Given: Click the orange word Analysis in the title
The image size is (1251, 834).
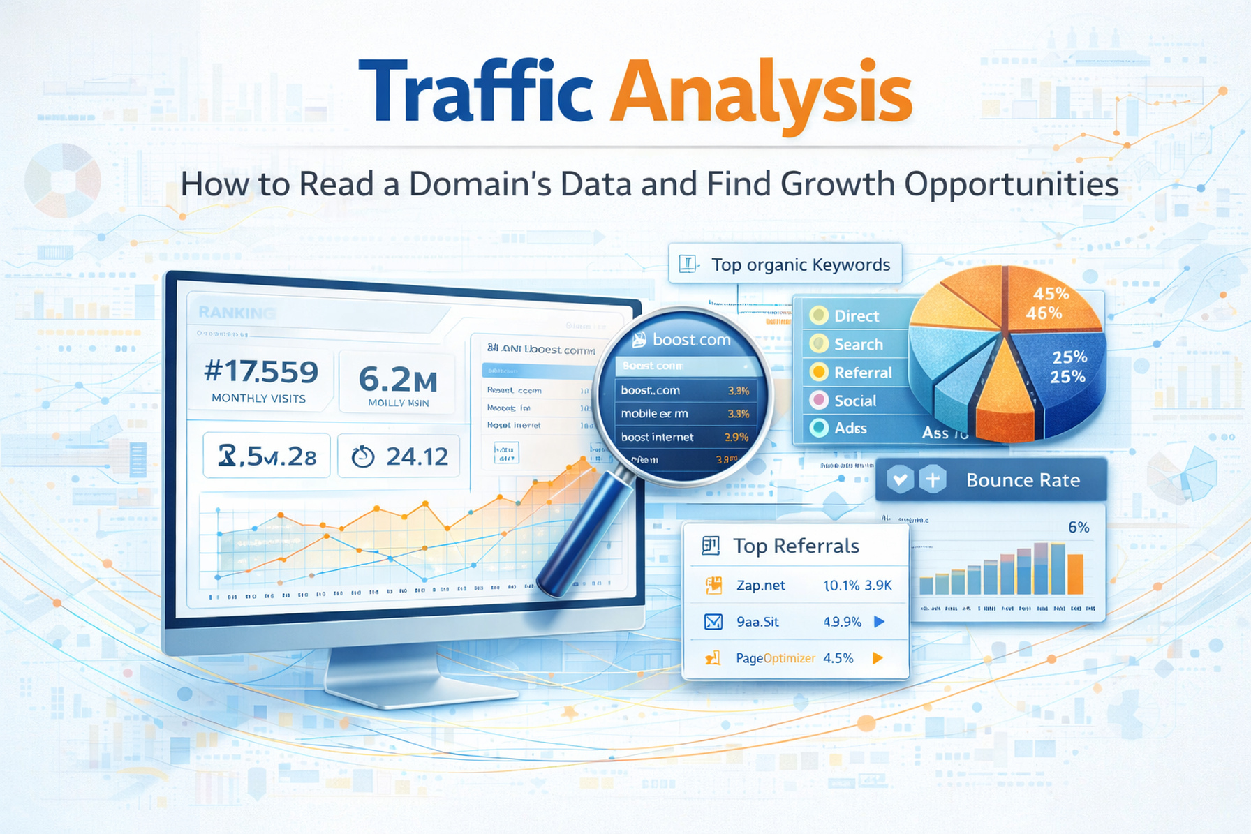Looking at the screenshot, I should click(761, 94).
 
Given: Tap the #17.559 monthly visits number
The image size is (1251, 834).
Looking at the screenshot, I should click(260, 372).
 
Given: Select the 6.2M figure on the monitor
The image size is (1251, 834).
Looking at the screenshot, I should click(397, 380).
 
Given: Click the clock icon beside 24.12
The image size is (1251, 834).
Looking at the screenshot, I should click(362, 456).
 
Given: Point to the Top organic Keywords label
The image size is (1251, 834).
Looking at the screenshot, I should click(800, 265).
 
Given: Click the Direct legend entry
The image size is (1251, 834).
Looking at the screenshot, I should click(856, 316).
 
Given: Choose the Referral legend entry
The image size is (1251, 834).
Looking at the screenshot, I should click(862, 373).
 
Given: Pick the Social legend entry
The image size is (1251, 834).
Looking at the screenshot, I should click(854, 401).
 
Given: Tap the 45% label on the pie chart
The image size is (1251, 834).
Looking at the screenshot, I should click(1051, 294).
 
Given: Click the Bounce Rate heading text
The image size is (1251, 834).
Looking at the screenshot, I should click(1022, 480).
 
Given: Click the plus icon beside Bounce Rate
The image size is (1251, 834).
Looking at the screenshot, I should click(933, 479).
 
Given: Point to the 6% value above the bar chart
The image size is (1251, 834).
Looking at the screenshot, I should click(1078, 528).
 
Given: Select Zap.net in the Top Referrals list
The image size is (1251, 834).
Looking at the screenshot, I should click(760, 586).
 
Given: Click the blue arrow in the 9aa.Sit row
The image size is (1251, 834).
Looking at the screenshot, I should click(880, 621).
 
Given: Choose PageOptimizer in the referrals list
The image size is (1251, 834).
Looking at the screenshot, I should click(775, 658).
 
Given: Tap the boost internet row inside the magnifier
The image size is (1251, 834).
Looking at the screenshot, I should click(657, 437).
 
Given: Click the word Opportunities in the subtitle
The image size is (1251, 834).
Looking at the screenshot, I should click(1012, 184).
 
